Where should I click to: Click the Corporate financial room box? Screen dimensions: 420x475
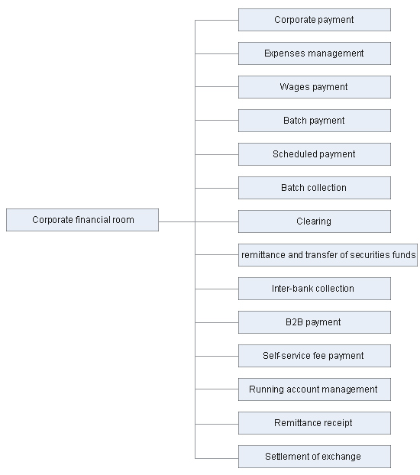point(82,220)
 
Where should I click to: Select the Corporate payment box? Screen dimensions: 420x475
point(315,20)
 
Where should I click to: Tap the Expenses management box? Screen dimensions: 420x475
point(315,53)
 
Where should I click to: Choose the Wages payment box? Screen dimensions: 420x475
point(315,87)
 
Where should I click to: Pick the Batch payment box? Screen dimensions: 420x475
point(315,121)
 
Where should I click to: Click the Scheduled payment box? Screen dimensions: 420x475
point(315,154)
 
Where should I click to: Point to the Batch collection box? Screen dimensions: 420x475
point(315,188)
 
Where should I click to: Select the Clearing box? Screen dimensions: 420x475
point(315,221)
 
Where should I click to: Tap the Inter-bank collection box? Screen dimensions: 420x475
point(315,289)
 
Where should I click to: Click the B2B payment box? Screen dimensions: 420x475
point(315,322)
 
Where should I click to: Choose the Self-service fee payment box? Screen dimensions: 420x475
point(315,356)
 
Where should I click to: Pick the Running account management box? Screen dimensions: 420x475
point(315,390)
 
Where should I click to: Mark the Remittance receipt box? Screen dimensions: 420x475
point(315,424)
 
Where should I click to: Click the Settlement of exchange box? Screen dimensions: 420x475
point(315,457)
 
